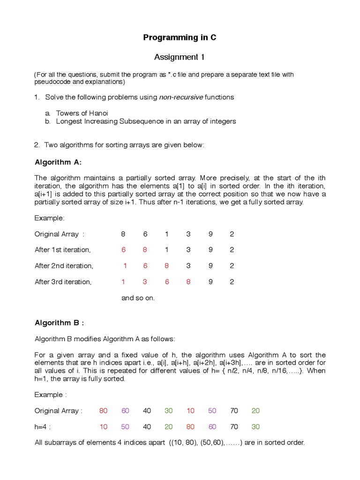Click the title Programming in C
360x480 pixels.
click(180, 37)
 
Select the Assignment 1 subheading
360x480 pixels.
click(180, 57)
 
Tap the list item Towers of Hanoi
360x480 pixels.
click(82, 113)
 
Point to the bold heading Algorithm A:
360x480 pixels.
click(58, 162)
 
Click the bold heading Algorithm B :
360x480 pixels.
click(60, 322)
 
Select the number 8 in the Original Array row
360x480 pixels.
click(123, 234)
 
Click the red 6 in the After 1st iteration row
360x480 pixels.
click(123, 250)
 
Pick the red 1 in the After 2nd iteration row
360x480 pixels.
click(125, 266)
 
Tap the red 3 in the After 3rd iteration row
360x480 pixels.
click(145, 282)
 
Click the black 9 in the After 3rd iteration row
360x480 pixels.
click(210, 282)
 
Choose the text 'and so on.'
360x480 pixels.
click(138, 298)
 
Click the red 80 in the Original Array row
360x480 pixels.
click(104, 411)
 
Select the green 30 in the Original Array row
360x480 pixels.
click(169, 411)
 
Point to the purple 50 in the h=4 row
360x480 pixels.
click(125, 427)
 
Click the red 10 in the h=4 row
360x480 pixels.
click(104, 427)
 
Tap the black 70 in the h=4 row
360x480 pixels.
click(234, 427)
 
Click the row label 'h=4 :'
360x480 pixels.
click(43, 427)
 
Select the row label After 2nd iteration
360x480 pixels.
click(64, 266)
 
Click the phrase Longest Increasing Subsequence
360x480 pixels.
click(105, 121)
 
